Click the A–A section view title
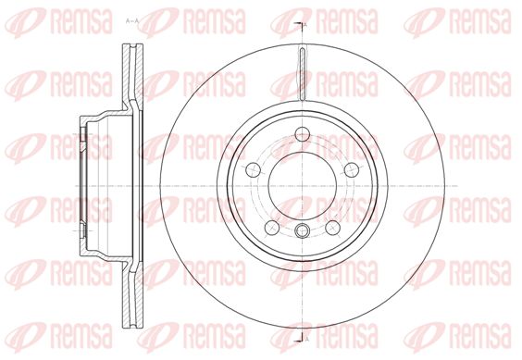131,21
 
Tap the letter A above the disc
305,24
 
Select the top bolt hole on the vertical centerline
303,134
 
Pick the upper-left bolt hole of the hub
253,170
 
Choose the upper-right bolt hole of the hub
352,170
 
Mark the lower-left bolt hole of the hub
272,228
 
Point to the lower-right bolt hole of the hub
333,228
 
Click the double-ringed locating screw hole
303,230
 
